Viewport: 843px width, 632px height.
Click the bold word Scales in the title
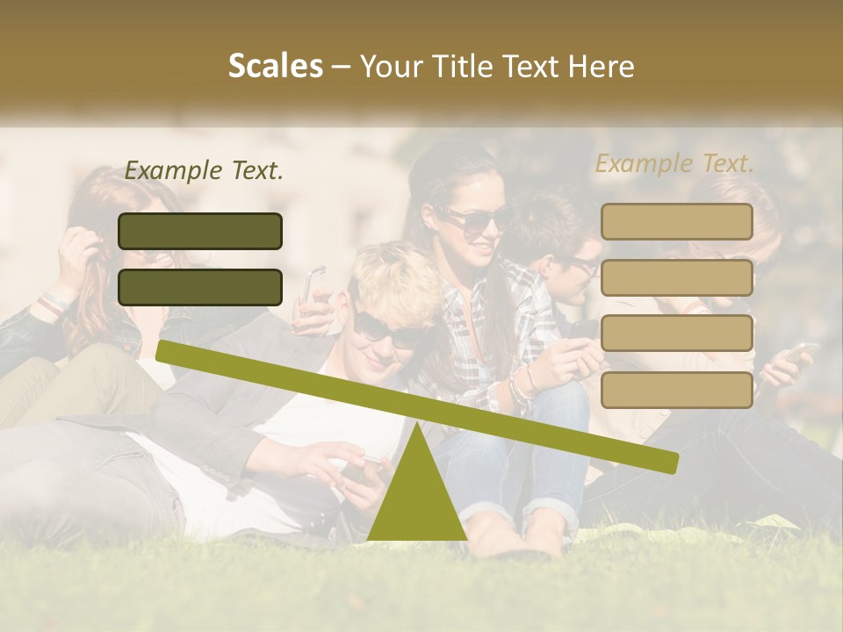click(275, 66)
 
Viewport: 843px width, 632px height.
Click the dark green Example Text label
click(204, 171)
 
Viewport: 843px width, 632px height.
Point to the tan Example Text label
click(674, 163)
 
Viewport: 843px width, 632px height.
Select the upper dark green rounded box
click(200, 231)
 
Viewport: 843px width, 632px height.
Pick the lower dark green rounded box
click(200, 287)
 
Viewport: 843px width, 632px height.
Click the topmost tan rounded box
click(676, 221)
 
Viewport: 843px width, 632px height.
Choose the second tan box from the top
click(676, 277)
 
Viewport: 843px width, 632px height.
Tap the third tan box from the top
click(676, 334)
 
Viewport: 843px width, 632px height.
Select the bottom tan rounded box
click(676, 390)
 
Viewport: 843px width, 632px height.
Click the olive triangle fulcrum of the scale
click(416, 496)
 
